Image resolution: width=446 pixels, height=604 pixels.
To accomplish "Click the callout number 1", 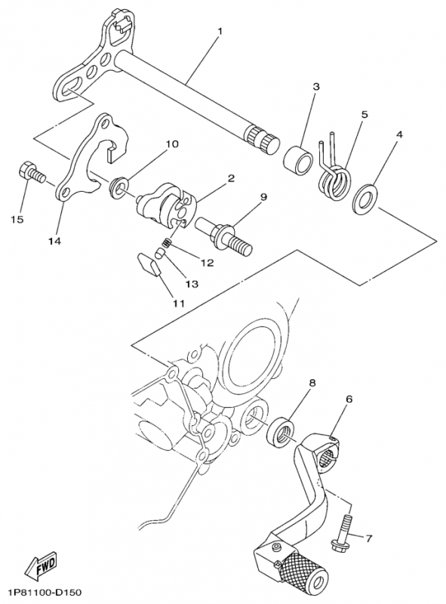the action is [x=220, y=31].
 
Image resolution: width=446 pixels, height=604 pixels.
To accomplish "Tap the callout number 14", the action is [x=54, y=241].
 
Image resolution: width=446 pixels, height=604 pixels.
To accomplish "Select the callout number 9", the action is [x=263, y=198].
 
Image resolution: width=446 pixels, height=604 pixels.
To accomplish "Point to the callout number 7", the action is [x=369, y=538].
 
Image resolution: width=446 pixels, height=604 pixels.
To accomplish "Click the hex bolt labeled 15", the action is [x=32, y=174].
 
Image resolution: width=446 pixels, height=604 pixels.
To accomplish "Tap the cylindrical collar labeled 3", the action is [x=299, y=159].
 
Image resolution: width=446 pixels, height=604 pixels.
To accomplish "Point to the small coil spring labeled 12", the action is [x=166, y=243].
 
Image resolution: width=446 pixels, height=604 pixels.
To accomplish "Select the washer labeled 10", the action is [x=118, y=186].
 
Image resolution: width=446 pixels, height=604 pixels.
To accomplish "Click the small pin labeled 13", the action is [x=159, y=254].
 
